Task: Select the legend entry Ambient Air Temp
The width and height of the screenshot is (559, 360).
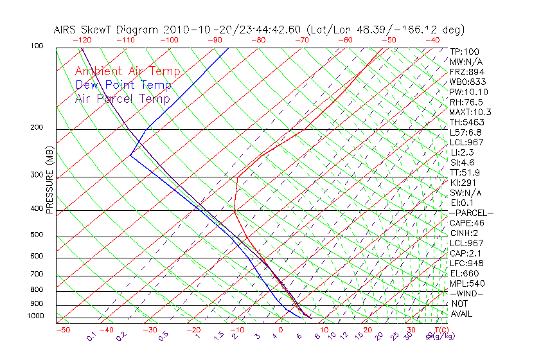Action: click(127, 71)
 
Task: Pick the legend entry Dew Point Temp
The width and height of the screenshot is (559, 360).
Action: click(123, 85)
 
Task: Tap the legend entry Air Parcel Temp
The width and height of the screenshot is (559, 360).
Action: click(122, 98)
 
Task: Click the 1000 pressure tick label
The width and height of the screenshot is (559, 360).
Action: click(36, 316)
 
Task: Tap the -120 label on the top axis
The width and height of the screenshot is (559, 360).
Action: click(82, 40)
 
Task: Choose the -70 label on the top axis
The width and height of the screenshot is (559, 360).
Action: click(301, 40)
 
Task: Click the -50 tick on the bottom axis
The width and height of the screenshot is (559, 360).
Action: click(62, 330)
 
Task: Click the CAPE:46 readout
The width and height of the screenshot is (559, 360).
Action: click(467, 223)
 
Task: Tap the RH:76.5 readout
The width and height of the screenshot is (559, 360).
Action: click(466, 102)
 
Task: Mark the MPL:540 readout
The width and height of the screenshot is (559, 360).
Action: click(467, 283)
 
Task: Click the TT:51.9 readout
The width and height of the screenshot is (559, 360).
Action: click(465, 172)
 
